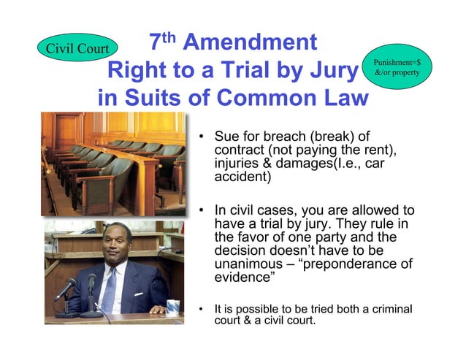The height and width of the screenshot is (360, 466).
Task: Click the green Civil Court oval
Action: click(77, 47)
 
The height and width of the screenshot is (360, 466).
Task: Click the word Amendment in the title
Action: click(250, 42)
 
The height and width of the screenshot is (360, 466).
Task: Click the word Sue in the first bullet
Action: click(226, 137)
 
